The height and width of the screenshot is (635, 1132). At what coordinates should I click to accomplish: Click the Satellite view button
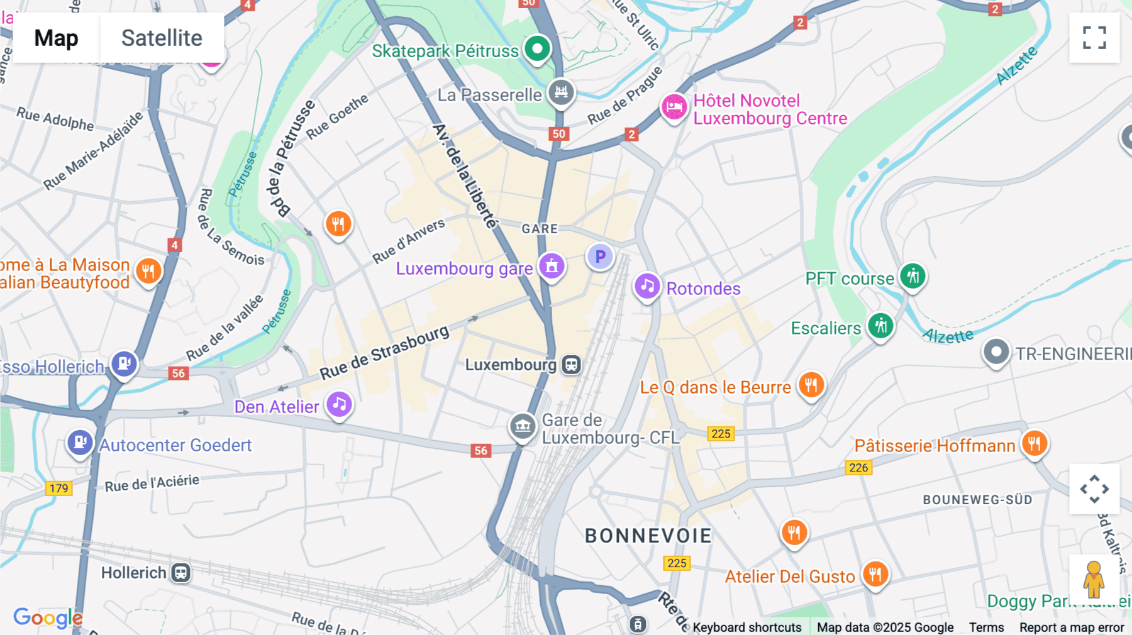pyautogui.click(x=162, y=38)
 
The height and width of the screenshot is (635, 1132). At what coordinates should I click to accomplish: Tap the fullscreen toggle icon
pyautogui.click(x=1094, y=38)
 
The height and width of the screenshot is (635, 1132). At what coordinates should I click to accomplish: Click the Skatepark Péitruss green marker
pyautogui.click(x=537, y=48)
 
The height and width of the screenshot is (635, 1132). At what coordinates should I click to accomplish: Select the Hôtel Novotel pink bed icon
pyautogui.click(x=674, y=107)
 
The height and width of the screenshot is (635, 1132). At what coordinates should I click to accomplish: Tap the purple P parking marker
pyautogui.click(x=600, y=257)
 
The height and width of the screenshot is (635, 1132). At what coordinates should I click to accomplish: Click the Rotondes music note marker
pyautogui.click(x=646, y=287)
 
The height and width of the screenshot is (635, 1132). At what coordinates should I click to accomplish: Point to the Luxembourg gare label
pyautogui.click(x=464, y=269)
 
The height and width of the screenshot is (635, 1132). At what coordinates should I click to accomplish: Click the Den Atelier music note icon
pyautogui.click(x=339, y=404)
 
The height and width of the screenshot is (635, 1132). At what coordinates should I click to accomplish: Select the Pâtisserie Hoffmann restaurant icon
pyautogui.click(x=1034, y=443)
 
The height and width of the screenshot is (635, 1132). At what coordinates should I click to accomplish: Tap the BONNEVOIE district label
pyautogui.click(x=648, y=536)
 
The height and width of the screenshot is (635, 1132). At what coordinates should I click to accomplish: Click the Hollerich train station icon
pyautogui.click(x=181, y=573)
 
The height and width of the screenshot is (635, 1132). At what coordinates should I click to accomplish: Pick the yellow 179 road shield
pyautogui.click(x=58, y=489)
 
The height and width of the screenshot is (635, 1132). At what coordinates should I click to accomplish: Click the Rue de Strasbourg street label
pyautogui.click(x=384, y=353)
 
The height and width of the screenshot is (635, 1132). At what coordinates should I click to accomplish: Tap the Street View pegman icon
pyautogui.click(x=1094, y=579)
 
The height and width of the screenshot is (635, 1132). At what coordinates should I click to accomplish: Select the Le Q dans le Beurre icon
pyautogui.click(x=811, y=384)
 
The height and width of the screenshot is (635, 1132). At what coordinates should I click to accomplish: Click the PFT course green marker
pyautogui.click(x=912, y=275)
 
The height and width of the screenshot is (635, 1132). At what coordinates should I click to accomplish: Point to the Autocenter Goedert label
pyautogui.click(x=175, y=445)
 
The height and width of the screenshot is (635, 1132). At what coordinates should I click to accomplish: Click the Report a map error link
pyautogui.click(x=1071, y=627)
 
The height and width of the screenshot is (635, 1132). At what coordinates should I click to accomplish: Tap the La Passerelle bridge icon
pyautogui.click(x=561, y=92)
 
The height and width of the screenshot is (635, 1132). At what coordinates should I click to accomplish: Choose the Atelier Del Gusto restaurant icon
pyautogui.click(x=875, y=573)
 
